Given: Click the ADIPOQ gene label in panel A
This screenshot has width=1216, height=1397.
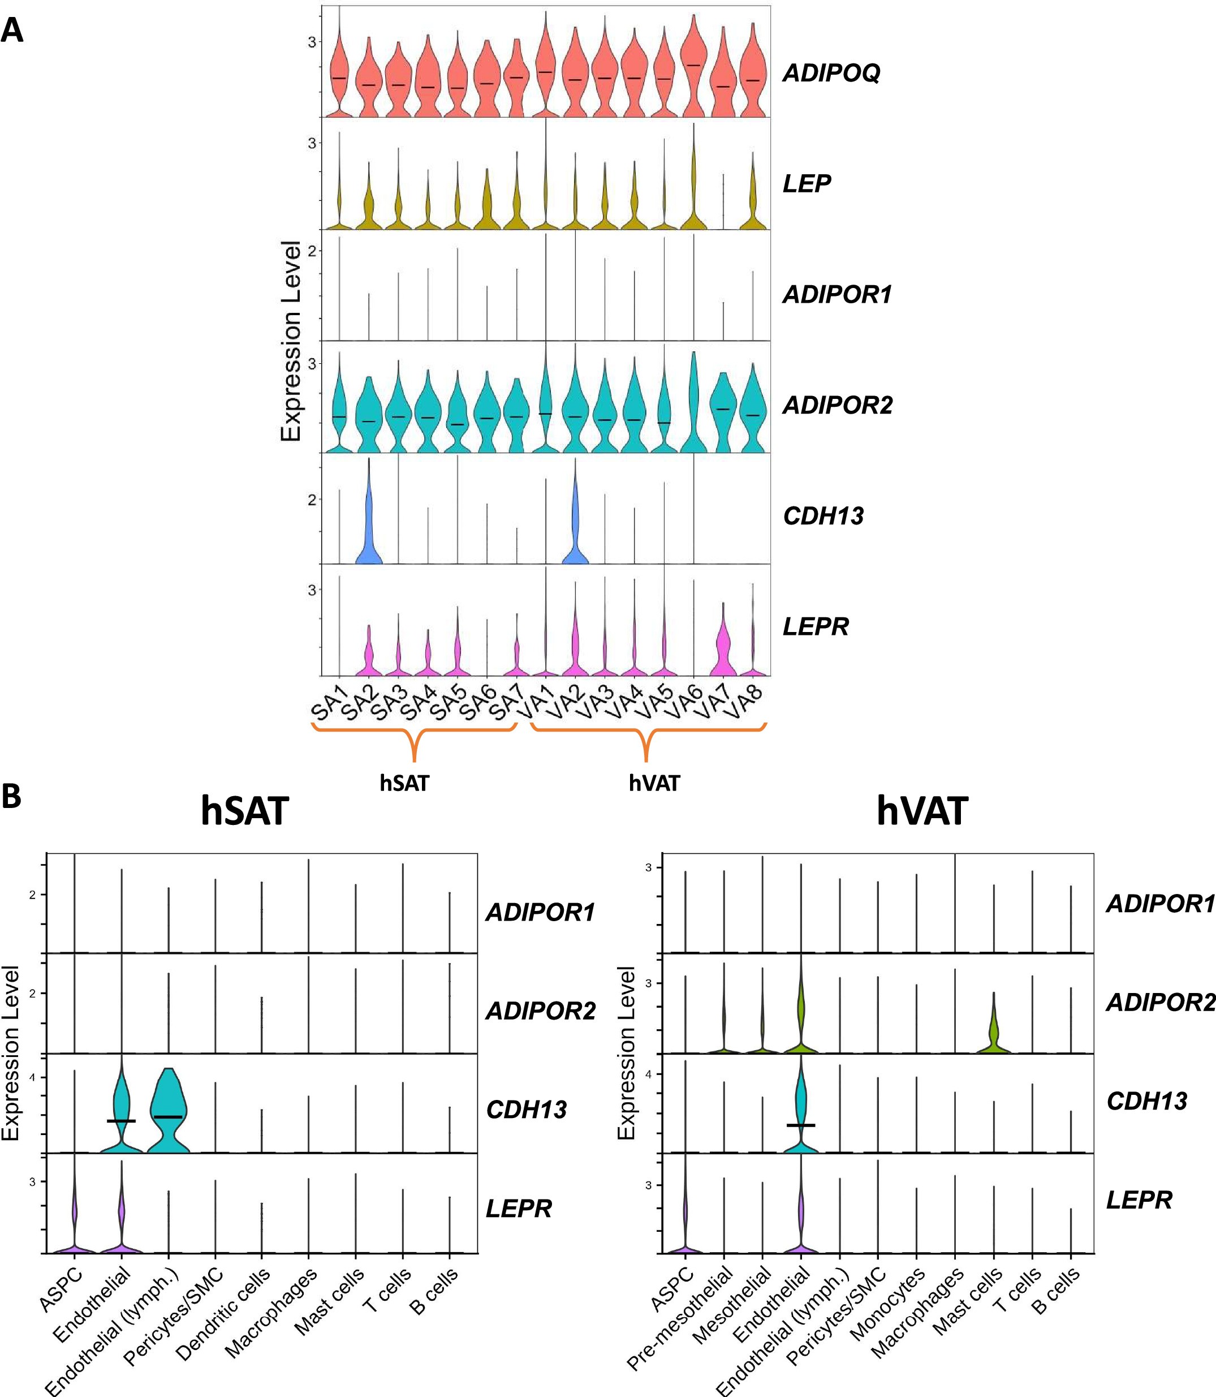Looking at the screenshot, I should click(x=831, y=72).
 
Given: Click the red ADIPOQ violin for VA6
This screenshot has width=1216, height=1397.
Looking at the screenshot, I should click(x=693, y=68).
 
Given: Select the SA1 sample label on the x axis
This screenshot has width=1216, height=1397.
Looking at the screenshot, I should click(x=329, y=703).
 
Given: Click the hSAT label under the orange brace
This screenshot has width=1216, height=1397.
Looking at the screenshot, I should click(x=404, y=783).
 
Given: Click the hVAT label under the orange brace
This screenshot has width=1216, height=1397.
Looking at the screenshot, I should click(x=654, y=783).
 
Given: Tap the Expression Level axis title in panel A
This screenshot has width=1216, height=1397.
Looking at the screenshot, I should click(x=291, y=341).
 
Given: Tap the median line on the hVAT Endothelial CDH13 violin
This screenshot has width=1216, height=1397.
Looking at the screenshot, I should click(x=801, y=1125).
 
